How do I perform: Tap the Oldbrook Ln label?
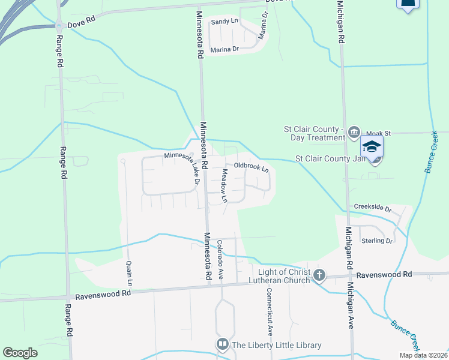(x=251, y=166)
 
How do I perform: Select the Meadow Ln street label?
(x=224, y=185)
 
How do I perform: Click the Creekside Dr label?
(x=372, y=209)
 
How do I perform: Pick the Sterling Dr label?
(x=377, y=241)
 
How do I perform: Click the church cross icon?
(x=319, y=275)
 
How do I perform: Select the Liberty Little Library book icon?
(x=222, y=344)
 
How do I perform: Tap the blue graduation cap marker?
(x=372, y=146)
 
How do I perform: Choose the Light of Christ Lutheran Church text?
(x=284, y=276)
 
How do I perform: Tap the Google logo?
(x=20, y=353)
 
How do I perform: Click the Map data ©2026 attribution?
(x=423, y=355)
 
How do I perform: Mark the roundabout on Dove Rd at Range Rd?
(x=59, y=26)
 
